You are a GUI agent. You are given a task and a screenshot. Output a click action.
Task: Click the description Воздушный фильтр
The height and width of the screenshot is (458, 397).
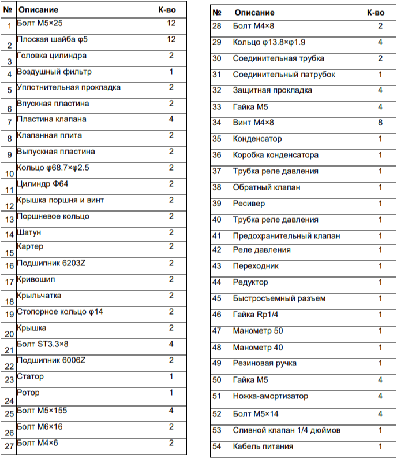tap(54, 72)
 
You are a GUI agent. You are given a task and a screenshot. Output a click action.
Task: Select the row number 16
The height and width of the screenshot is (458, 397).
tap(9, 266)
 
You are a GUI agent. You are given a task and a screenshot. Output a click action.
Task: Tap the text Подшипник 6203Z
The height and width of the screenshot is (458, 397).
tap(51, 263)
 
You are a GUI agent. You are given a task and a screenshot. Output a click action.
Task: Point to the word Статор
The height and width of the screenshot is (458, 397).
tap(30, 376)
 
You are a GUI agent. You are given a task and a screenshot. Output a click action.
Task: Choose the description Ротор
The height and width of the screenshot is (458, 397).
tap(28, 393)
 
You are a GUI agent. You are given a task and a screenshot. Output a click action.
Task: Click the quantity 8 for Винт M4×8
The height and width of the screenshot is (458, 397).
tap(380, 123)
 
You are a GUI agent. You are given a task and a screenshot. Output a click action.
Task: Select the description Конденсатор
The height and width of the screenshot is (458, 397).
tap(257, 139)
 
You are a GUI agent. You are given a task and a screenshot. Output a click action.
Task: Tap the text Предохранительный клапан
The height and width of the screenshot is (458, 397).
tap(286, 236)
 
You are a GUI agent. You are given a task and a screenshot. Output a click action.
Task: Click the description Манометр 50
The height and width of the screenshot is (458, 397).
tap(258, 331)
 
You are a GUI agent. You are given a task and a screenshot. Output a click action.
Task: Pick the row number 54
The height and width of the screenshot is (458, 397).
tap(217, 446)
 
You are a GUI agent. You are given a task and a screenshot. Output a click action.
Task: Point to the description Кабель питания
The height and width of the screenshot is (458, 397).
tap(263, 446)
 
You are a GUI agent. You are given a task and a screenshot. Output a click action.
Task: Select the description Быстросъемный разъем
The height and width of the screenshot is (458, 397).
tap(279, 298)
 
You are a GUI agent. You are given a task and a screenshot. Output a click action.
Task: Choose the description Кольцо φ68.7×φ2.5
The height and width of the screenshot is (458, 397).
tap(53, 168)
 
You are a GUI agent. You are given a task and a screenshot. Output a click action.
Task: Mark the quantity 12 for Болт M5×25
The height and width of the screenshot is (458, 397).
tap(171, 23)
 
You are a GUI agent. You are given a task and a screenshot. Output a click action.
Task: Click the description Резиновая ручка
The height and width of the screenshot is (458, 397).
tap(265, 363)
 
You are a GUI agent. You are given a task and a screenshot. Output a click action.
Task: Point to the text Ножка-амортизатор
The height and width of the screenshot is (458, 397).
tap(271, 396)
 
